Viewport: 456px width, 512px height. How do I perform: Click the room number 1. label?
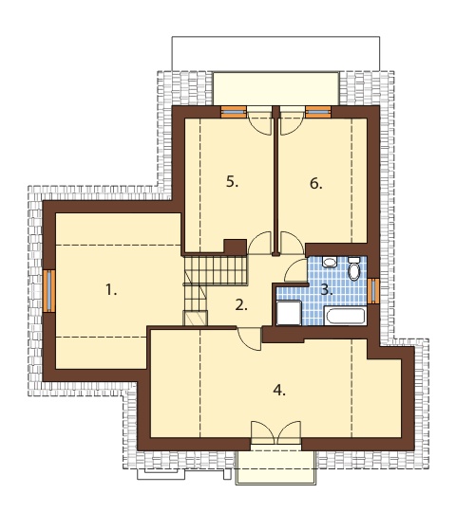click(111, 290)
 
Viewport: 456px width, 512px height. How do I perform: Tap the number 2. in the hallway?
click(241, 305)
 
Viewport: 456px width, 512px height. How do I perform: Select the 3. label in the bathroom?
click(327, 289)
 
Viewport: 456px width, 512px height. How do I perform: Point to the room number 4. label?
click(279, 390)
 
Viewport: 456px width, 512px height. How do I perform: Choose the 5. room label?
click(232, 181)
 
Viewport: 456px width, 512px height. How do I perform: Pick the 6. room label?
click(316, 184)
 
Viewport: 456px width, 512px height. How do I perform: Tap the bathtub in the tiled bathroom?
click(344, 316)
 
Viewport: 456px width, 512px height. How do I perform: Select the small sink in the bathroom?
click(330, 262)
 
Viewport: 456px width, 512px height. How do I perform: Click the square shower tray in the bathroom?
click(289, 313)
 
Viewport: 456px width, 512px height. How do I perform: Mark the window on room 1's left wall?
click(49, 290)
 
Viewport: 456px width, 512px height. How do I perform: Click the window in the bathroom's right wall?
click(373, 290)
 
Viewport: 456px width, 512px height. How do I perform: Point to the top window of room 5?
click(234, 112)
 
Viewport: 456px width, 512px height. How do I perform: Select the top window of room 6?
click(318, 112)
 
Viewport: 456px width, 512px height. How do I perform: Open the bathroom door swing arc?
click(296, 270)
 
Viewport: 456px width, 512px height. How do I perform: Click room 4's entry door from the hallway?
click(249, 338)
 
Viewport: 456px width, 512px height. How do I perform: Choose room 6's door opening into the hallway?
click(292, 243)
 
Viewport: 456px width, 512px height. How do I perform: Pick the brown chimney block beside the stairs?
click(236, 247)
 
